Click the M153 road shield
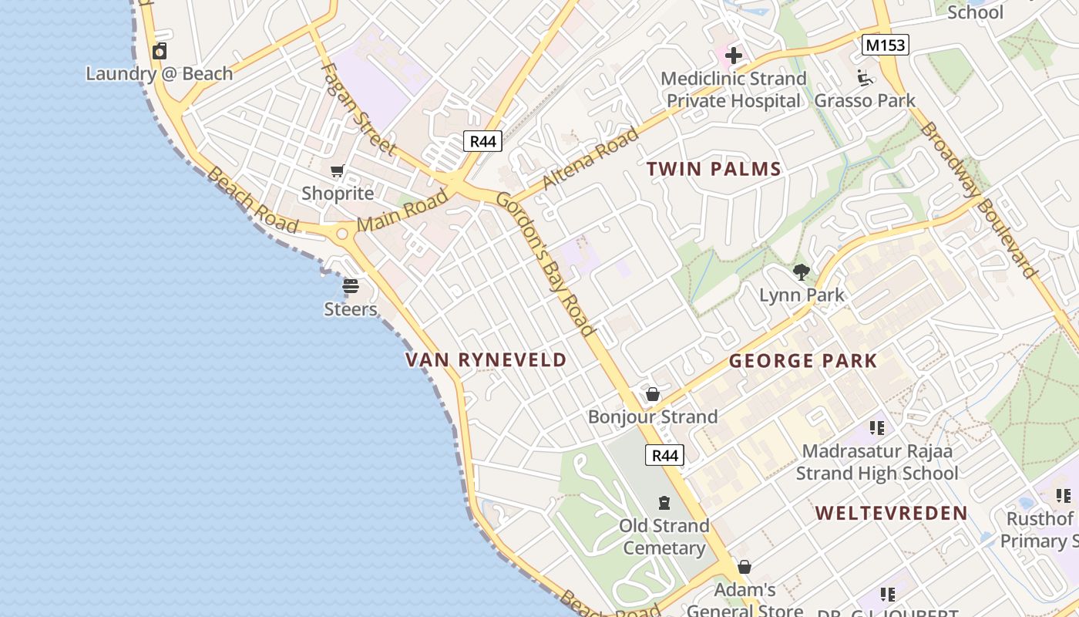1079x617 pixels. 886,46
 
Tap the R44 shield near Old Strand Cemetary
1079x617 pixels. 665,455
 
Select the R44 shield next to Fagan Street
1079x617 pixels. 483,141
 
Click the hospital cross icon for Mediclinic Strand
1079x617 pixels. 734,56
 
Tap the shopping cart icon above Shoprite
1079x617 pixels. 337,170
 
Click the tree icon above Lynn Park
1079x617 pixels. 802,271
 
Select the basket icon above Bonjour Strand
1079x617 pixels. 653,394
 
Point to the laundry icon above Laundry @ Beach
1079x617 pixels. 160,52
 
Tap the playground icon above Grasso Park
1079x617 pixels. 864,77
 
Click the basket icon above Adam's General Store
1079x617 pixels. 745,567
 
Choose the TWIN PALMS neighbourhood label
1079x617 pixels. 714,170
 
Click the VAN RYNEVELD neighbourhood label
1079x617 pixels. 486,360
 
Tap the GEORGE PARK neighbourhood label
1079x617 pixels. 803,361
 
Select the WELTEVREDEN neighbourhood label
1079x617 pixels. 892,514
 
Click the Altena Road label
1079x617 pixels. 590,159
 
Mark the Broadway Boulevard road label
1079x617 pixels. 979,199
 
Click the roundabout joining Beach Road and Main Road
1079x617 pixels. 342,232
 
